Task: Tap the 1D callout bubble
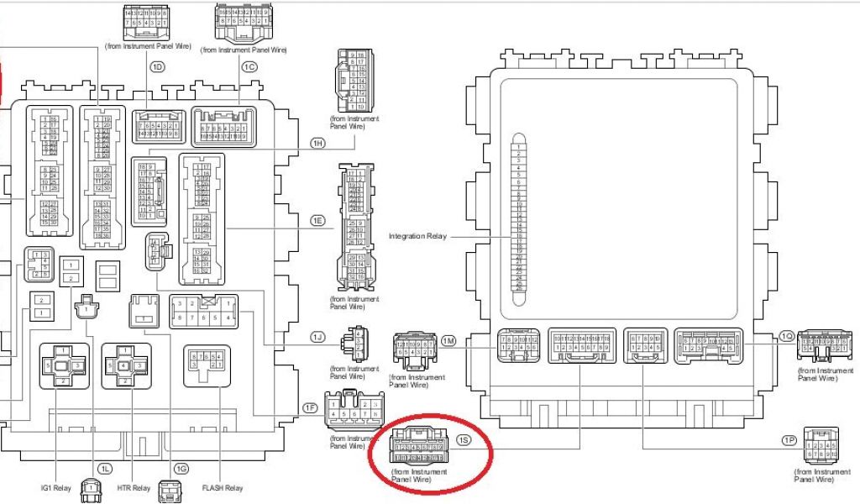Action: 156,66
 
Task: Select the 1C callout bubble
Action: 249,66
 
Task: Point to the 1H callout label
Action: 317,144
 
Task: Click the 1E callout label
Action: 317,221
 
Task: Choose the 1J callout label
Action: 317,337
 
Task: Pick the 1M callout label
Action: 449,340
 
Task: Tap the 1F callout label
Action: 310,408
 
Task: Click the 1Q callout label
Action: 786,336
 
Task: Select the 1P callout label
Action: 788,440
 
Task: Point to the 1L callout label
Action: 105,468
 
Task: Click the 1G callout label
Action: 181,468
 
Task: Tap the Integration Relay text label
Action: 417,236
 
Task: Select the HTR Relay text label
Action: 134,488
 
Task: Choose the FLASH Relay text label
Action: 223,488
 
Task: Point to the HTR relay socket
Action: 126,366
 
